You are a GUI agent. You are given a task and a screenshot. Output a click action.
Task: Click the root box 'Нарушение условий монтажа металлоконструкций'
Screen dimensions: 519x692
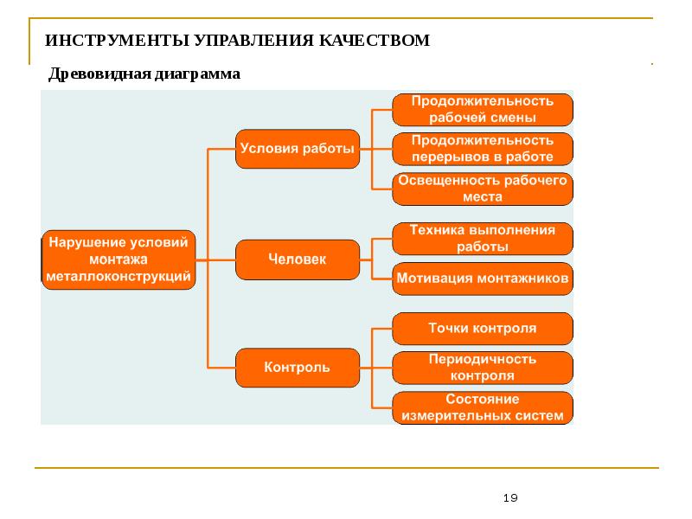click(x=119, y=259)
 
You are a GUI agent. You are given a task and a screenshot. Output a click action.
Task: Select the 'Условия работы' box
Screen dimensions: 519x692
click(x=297, y=149)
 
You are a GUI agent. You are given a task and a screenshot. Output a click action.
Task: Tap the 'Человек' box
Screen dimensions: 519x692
click(x=297, y=259)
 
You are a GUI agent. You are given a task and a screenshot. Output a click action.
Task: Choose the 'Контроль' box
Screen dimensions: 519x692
click(x=297, y=368)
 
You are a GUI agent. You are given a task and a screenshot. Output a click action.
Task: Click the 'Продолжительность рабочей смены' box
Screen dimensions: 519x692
click(x=482, y=109)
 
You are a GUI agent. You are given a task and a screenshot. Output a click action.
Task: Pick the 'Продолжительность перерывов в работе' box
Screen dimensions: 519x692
click(x=482, y=149)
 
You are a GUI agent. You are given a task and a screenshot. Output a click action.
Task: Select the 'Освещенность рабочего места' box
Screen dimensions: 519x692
click(x=482, y=189)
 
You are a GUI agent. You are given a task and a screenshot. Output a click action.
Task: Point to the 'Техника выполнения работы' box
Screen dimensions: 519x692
click(x=482, y=238)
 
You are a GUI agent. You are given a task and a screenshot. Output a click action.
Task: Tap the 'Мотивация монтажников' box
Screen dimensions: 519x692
click(x=482, y=279)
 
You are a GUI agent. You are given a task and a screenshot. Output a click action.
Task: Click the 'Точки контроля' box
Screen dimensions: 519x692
click(x=482, y=329)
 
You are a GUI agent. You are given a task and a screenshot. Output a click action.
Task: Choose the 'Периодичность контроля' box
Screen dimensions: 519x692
click(x=482, y=368)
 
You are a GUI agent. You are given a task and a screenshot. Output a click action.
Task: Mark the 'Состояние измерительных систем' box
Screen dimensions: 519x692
click(x=482, y=407)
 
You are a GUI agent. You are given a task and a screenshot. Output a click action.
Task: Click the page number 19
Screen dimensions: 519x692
click(x=510, y=497)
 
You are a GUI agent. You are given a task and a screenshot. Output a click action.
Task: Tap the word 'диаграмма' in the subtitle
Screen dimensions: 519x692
click(x=196, y=74)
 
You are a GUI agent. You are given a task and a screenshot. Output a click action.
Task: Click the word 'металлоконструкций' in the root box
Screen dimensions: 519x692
click(x=119, y=276)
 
